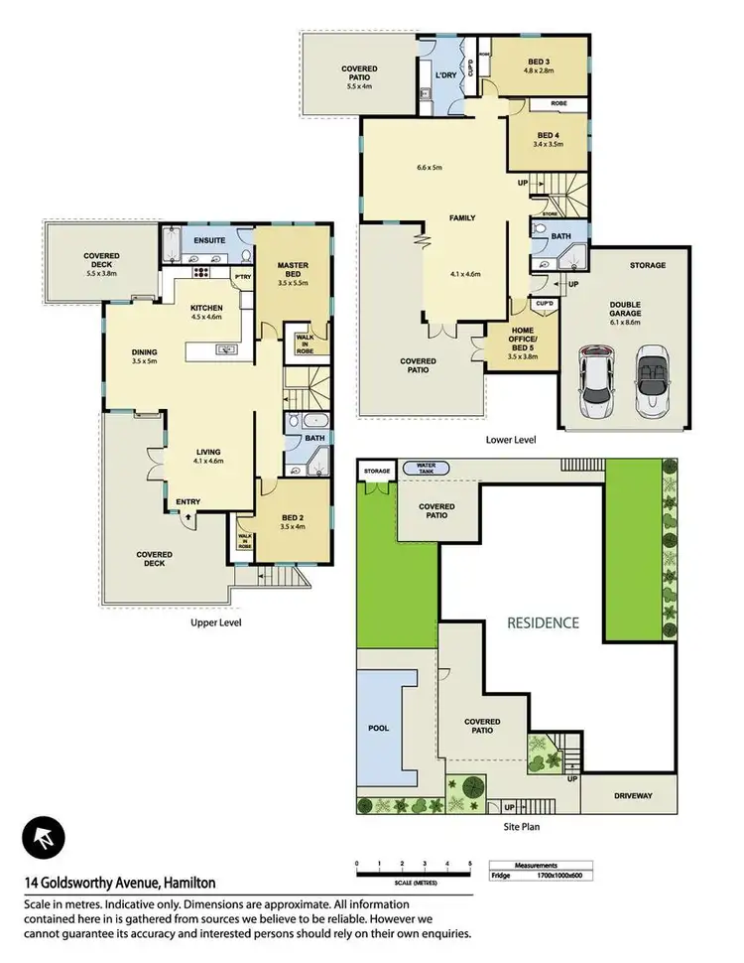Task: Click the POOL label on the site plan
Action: point(379,728)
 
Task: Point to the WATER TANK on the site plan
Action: point(427,468)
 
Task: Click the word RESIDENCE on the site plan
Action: point(543,623)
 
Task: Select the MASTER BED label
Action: point(295,269)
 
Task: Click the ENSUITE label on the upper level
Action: point(208,240)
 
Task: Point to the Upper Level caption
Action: point(215,622)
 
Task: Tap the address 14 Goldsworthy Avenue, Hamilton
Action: point(119,882)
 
